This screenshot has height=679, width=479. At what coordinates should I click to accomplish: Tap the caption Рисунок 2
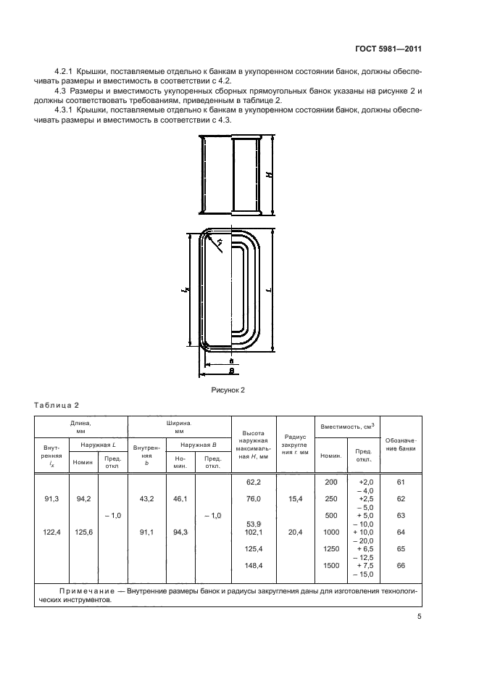pyautogui.click(x=227, y=390)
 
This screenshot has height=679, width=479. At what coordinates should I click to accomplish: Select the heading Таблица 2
pyautogui.click(x=57, y=405)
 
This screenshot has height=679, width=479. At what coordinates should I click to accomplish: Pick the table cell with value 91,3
pyautogui.click(x=51, y=499)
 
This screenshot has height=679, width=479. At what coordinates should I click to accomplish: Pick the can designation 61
pyautogui.click(x=401, y=481)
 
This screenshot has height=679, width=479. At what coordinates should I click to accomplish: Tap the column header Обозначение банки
pyautogui.click(x=401, y=444)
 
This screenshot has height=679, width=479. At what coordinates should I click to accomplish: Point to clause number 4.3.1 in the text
pyautogui.click(x=66, y=110)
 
